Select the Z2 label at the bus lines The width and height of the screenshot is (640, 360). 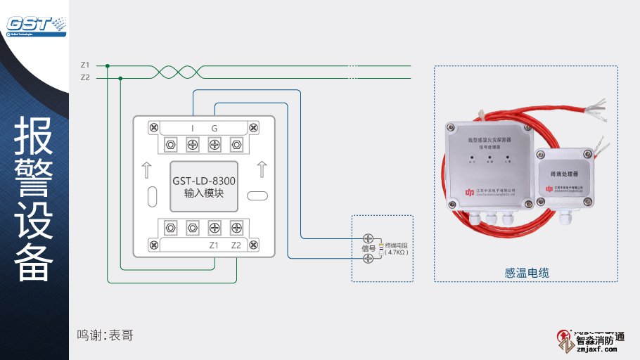coord(85,77)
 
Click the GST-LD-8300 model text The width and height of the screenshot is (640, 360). coord(204,181)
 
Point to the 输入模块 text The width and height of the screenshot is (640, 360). coord(204,193)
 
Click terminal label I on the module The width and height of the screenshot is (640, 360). coord(193,128)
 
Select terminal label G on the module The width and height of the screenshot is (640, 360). coord(215,128)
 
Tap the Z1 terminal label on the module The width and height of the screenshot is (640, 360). coord(215,245)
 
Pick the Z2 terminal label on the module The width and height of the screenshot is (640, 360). coord(236,245)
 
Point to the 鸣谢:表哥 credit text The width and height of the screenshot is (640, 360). coord(105,335)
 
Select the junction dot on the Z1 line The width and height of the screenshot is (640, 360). coord(107,65)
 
